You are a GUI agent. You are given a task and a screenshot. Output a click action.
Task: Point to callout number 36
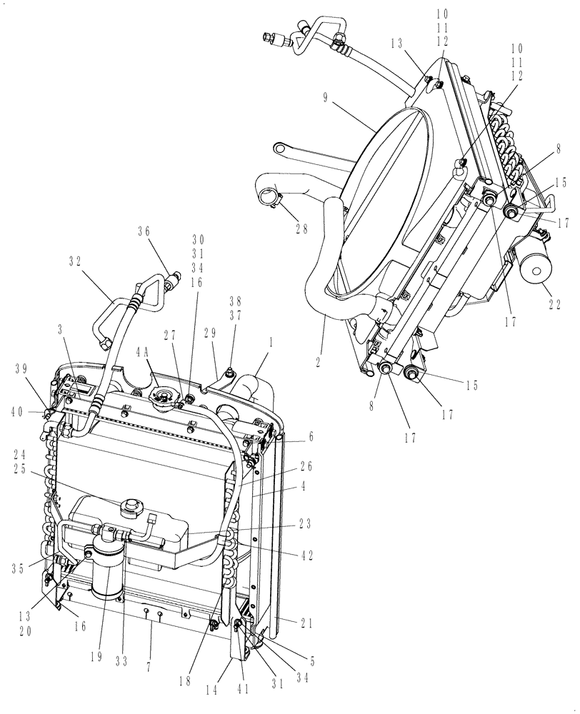coord(144,231)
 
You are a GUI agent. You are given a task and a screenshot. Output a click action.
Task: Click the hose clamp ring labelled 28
coord(269,194)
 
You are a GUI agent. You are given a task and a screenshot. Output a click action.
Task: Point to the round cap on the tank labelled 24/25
coord(131,508)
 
